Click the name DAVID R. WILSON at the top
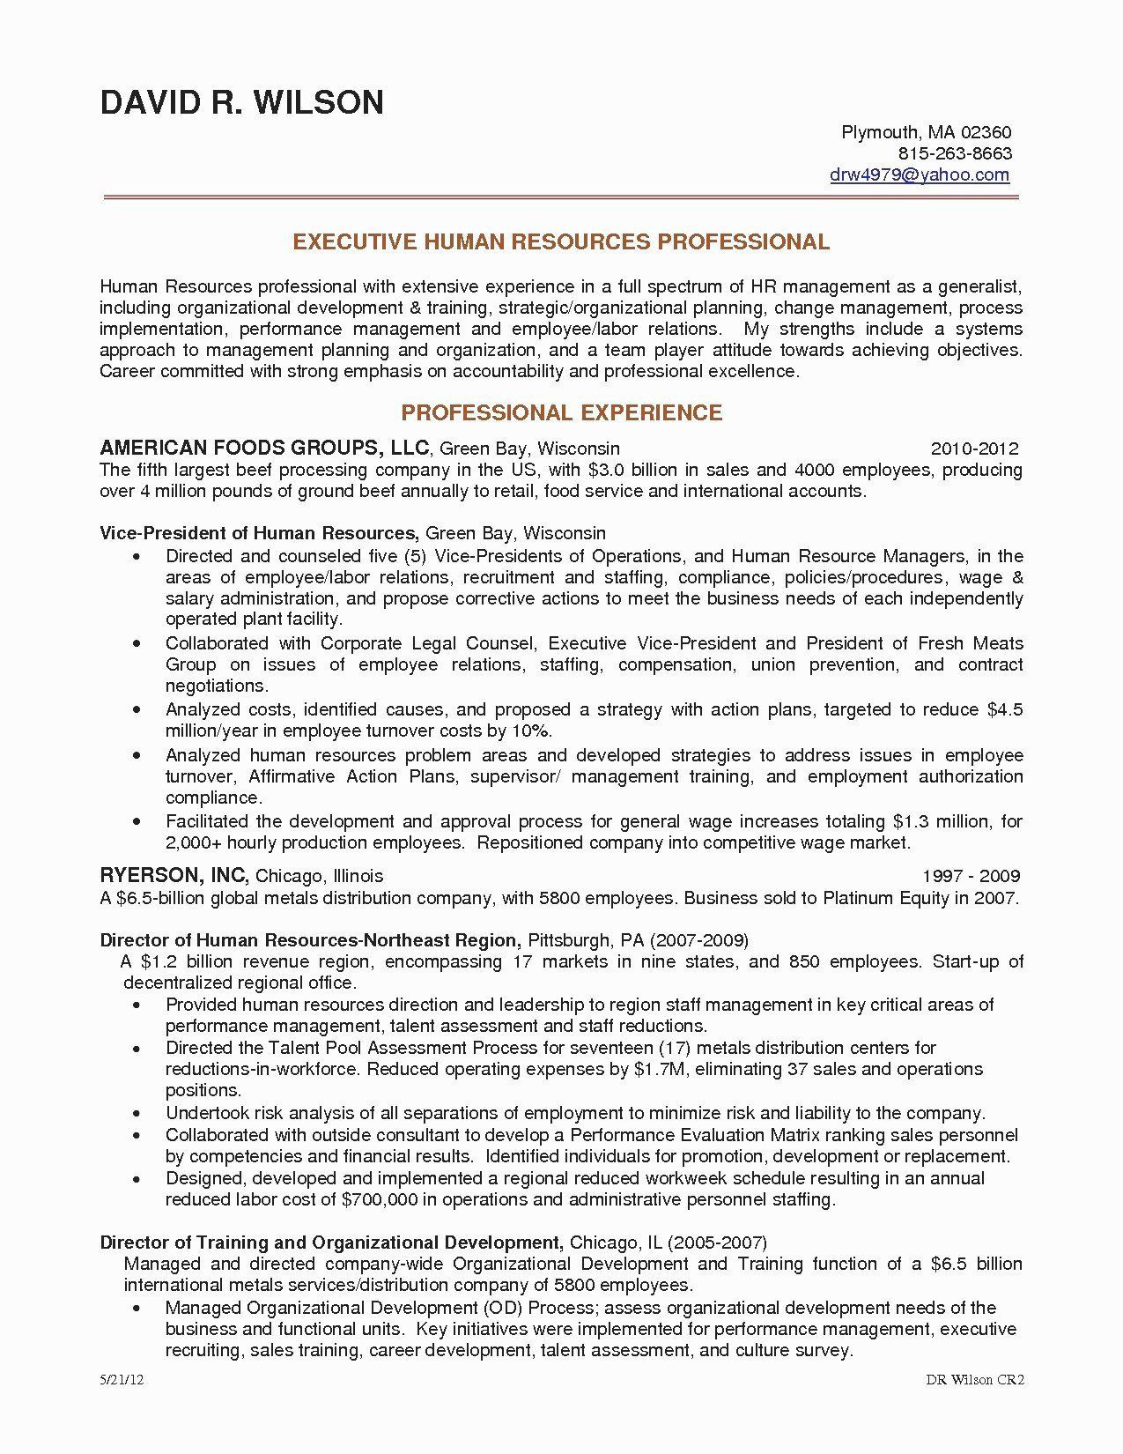coord(241,103)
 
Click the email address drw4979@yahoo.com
coord(920,174)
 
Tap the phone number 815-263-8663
coord(954,153)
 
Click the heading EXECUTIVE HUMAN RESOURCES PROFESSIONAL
coord(561,241)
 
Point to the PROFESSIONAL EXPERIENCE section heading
coord(561,412)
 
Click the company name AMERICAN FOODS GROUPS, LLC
coord(264,447)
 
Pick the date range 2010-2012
coord(974,448)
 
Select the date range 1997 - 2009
coord(971,876)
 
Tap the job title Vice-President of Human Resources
coord(258,533)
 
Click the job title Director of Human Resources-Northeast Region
coord(312,939)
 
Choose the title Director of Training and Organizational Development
coord(331,1243)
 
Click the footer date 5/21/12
coord(121,1406)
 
